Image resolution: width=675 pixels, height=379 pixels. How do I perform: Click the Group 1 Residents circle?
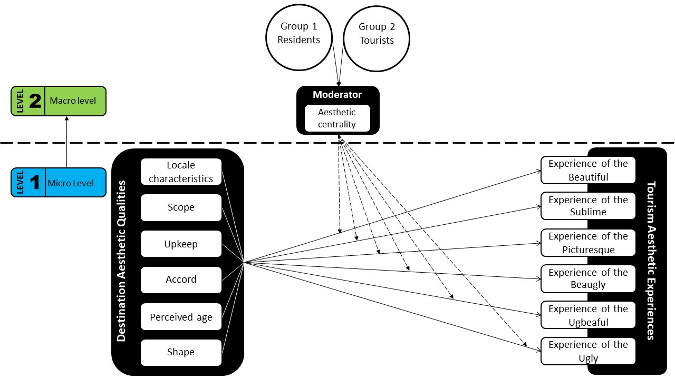tap(300, 33)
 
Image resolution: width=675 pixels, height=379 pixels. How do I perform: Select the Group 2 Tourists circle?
tap(377, 34)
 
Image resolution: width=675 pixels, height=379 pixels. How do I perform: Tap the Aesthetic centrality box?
tap(337, 118)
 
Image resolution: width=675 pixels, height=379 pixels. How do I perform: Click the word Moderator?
tap(337, 95)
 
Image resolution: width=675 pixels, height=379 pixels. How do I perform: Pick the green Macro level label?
tap(73, 100)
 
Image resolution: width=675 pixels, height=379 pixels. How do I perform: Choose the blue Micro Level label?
tap(71, 183)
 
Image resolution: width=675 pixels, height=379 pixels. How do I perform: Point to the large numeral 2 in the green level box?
tap(35, 101)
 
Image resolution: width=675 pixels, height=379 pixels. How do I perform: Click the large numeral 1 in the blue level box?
tap(35, 183)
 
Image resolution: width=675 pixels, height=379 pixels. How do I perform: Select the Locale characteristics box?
tap(181, 172)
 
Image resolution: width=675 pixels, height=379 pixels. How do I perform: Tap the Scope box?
tap(181, 207)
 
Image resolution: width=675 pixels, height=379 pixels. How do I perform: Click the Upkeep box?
tap(181, 244)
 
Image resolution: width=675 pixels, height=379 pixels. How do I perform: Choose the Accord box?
tap(181, 280)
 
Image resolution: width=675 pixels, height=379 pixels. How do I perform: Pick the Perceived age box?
tap(181, 317)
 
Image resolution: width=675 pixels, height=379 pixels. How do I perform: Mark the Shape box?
tap(181, 352)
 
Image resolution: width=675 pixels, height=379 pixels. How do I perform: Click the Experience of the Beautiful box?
tap(588, 170)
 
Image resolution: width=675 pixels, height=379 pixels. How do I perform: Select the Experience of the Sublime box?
tap(588, 206)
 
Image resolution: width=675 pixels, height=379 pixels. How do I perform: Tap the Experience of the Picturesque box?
tap(588, 242)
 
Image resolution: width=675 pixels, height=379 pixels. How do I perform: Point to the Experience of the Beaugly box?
tap(588, 278)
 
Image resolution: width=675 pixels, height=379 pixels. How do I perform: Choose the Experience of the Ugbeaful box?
tap(588, 315)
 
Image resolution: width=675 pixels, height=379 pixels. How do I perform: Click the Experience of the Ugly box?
tap(588, 351)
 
